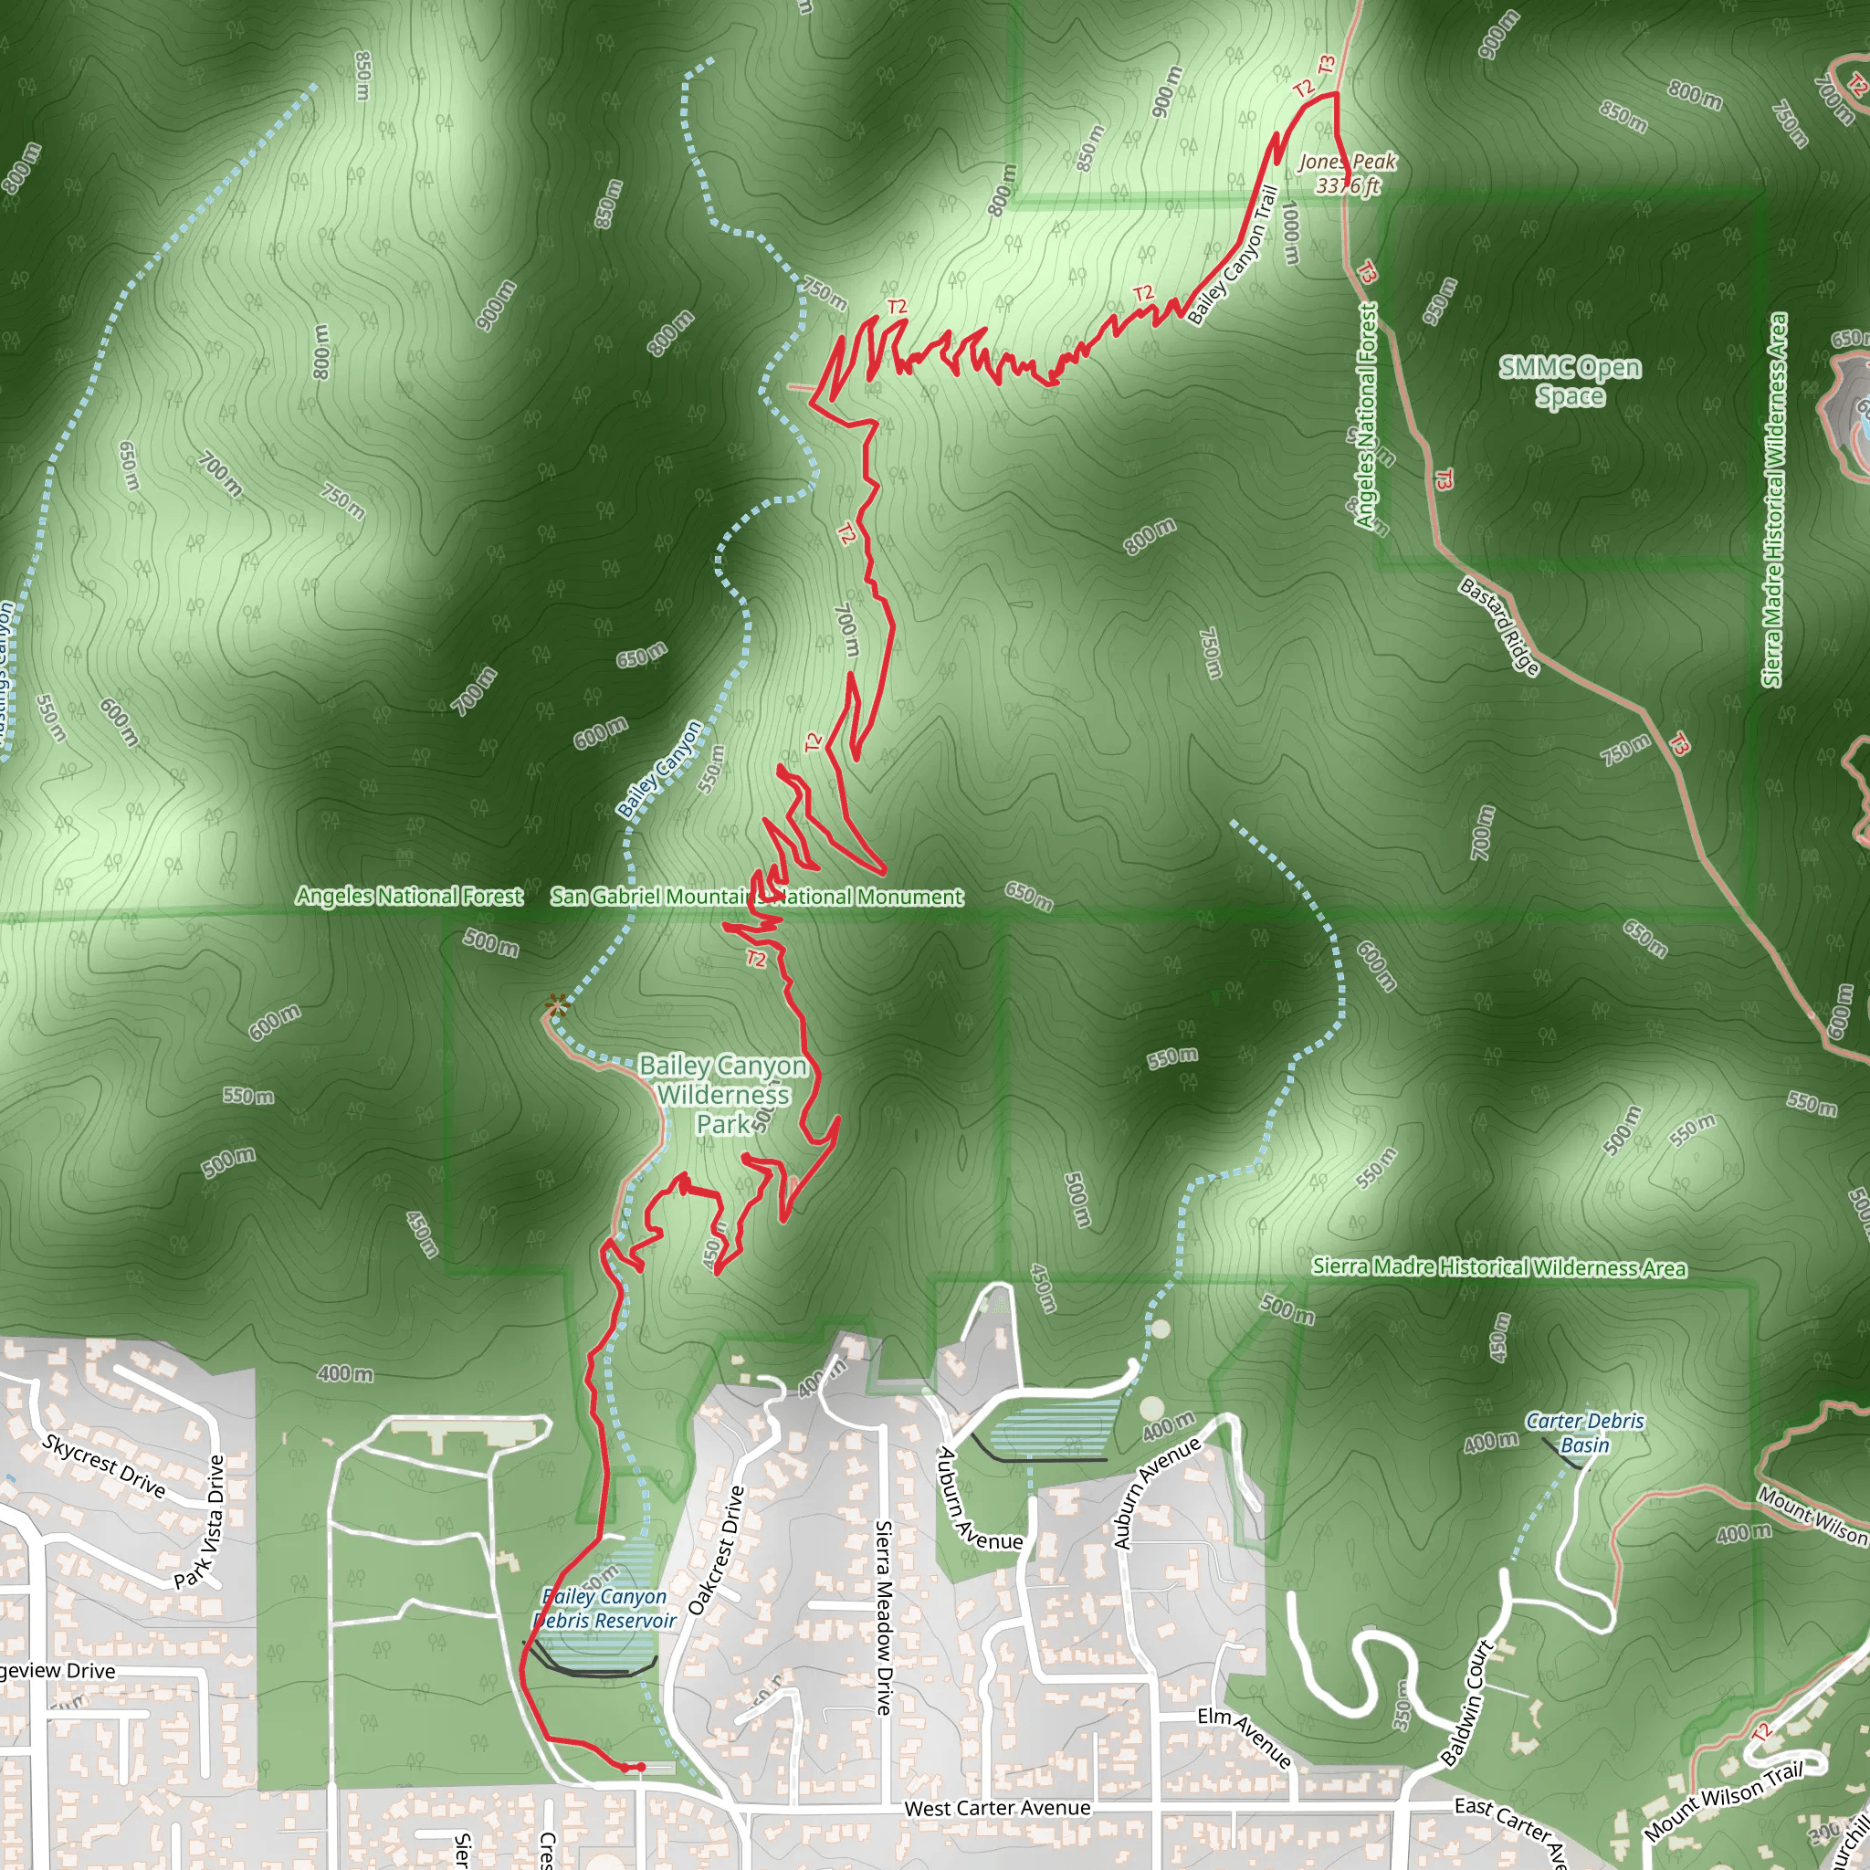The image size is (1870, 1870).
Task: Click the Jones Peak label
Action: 1348,173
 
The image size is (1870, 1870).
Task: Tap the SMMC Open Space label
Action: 1570,382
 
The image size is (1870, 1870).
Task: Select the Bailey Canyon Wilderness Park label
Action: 723,1095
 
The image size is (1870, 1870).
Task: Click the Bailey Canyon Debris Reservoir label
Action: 605,1609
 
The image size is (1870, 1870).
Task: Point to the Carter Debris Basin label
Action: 1584,1434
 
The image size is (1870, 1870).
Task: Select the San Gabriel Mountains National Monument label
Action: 757,897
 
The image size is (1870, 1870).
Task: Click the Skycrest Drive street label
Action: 103,1466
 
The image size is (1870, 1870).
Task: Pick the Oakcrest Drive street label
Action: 716,1550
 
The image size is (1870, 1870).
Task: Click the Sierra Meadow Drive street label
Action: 884,1617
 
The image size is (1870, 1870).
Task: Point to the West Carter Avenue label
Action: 997,1808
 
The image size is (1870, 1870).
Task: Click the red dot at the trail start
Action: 641,1768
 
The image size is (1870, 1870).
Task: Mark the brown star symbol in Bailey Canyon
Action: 555,1005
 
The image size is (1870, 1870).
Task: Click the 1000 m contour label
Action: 1290,232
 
